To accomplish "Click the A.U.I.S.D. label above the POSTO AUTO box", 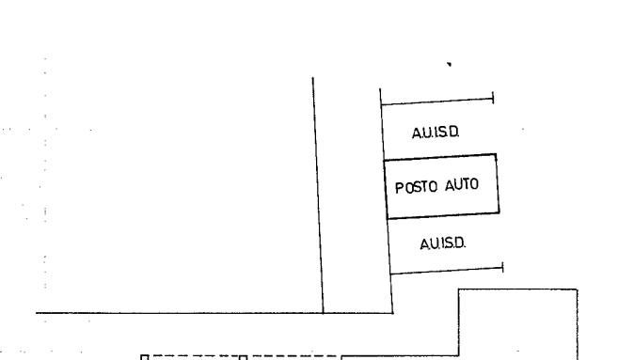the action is (x=436, y=133).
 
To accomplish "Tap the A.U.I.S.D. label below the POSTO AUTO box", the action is (x=443, y=243).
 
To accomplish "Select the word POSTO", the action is (x=416, y=187).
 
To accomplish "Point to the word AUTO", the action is (x=462, y=184).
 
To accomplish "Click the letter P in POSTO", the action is (x=400, y=188).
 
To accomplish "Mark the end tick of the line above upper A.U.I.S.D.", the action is (x=493, y=98).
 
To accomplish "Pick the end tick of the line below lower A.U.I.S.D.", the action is (x=503, y=268).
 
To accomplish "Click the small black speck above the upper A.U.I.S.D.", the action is (x=449, y=64).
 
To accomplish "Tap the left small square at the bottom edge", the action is (x=144, y=357).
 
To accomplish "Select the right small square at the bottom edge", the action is (x=244, y=357).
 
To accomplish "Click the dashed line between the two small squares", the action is (x=194, y=356).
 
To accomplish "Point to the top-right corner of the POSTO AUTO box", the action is (x=496, y=154).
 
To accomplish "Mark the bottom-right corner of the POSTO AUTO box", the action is (x=499, y=212).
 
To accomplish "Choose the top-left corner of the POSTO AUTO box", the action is (x=385, y=161).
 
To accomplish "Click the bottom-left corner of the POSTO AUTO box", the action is (x=388, y=218).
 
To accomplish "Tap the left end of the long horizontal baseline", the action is (x=37, y=313).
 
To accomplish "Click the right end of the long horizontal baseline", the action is (x=393, y=313).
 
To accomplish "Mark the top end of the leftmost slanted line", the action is (x=313, y=78).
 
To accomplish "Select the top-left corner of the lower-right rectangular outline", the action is (x=459, y=290).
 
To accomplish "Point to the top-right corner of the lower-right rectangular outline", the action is (x=578, y=290).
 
